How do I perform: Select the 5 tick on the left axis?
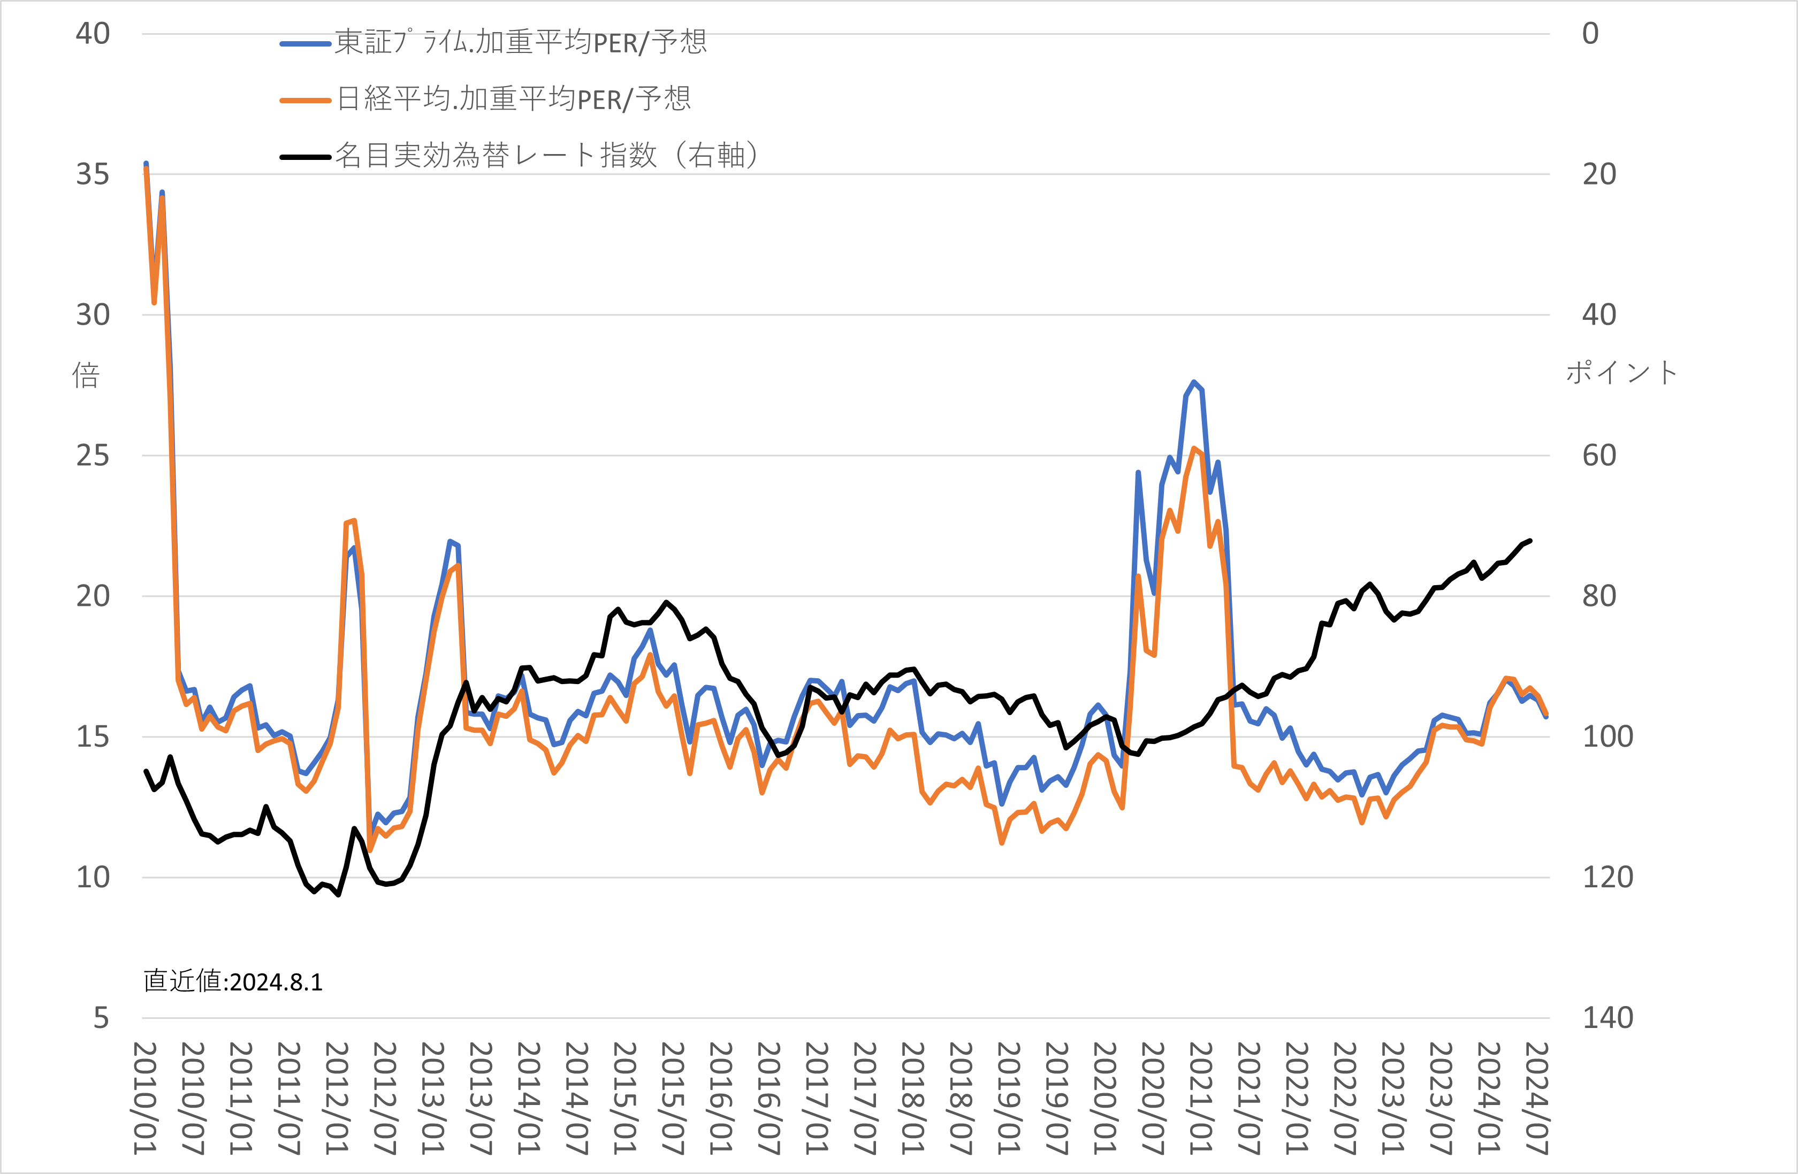(x=101, y=1018)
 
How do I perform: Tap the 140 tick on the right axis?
(x=1607, y=1018)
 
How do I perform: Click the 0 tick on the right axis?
(x=1590, y=34)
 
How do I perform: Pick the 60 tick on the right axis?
(x=1599, y=455)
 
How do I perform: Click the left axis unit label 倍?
(x=86, y=374)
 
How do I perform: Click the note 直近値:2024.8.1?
(x=233, y=981)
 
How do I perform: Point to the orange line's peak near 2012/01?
(x=354, y=521)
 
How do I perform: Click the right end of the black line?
(x=1530, y=541)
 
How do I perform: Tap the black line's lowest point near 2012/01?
(x=338, y=895)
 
